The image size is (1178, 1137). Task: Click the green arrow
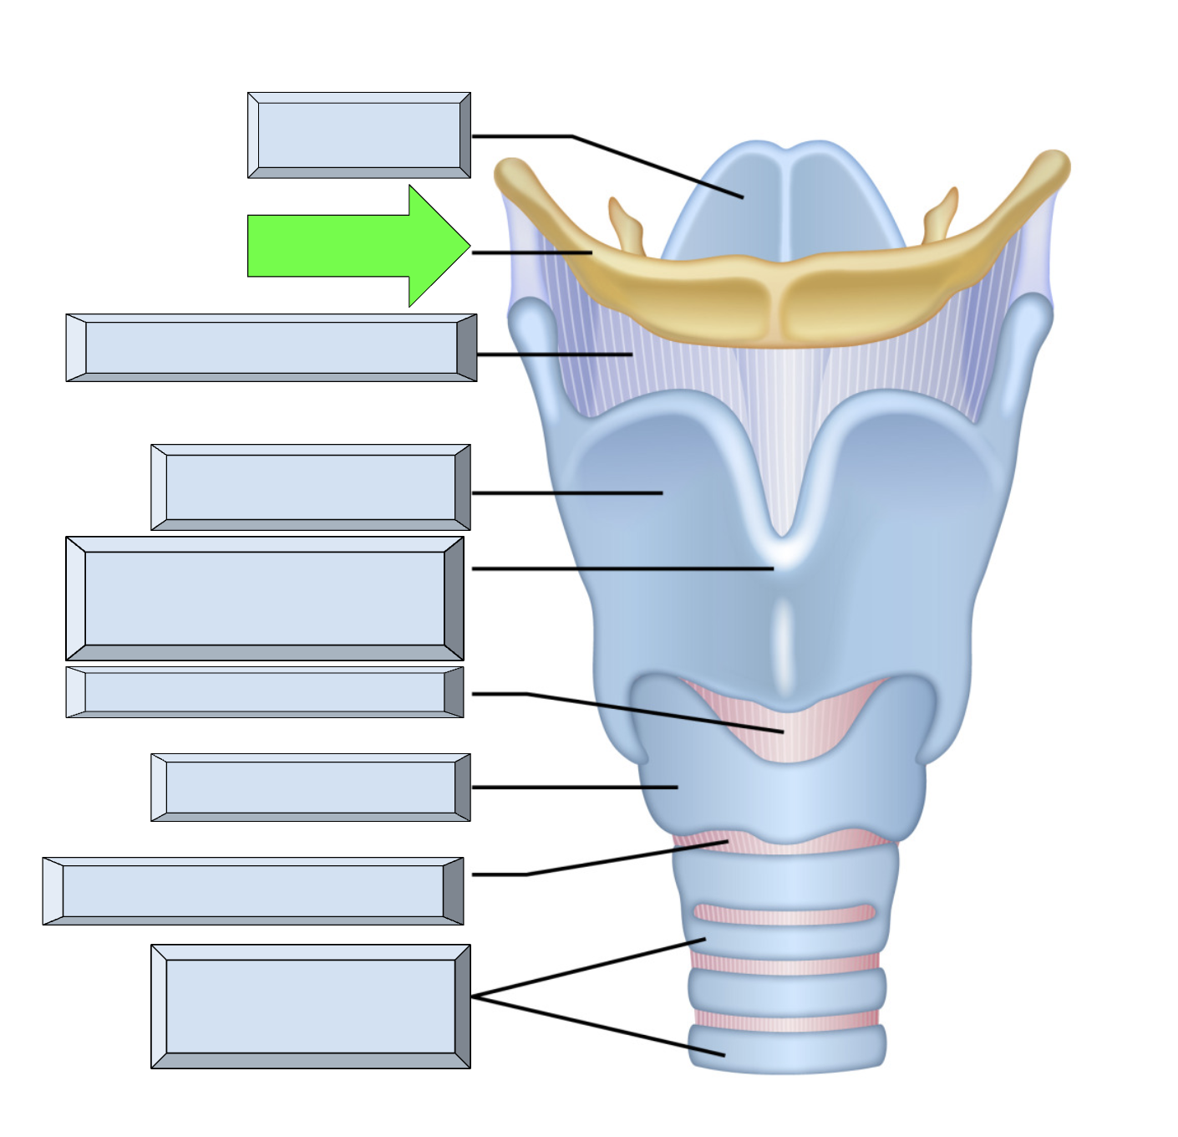tap(351, 246)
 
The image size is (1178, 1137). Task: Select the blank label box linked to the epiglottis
tap(359, 135)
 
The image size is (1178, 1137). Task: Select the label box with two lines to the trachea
tap(311, 1007)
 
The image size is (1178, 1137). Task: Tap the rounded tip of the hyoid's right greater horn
tap(1051, 167)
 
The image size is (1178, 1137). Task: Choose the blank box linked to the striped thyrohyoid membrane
tap(272, 348)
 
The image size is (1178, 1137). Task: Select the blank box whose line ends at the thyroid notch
tap(265, 599)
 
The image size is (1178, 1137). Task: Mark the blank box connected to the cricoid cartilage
tap(311, 788)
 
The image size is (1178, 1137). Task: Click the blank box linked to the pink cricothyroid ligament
tap(265, 692)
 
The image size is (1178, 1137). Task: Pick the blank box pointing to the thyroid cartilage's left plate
tap(311, 487)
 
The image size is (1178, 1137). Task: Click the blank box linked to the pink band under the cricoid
tap(253, 891)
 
